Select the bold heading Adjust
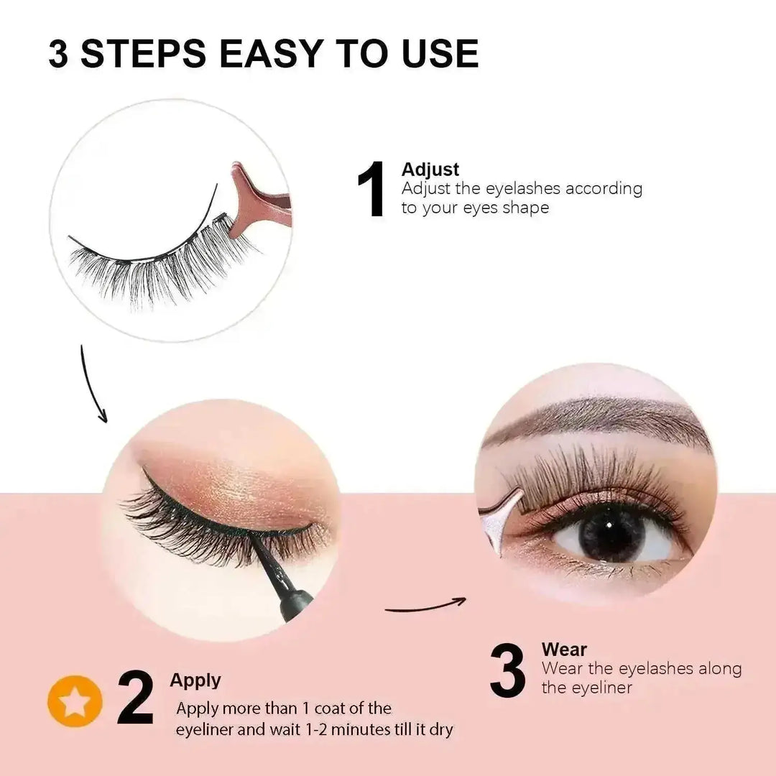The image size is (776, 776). tap(430, 170)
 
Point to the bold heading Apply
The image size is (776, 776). tap(195, 680)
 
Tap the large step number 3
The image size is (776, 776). tap(509, 670)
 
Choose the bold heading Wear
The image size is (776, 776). tap(564, 650)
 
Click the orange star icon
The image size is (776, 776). tap(75, 701)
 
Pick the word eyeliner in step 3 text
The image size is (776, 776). tap(598, 688)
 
